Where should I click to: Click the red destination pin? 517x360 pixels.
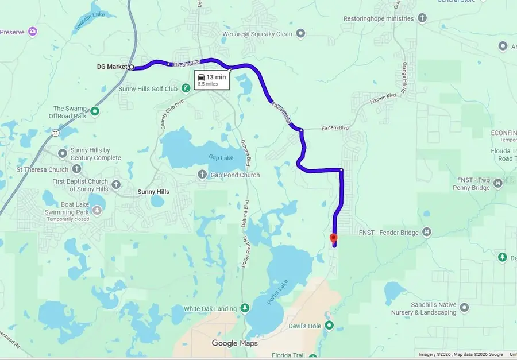[x=333, y=239]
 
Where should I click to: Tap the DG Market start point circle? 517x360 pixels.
[x=131, y=67]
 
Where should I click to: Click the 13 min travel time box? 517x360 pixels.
[x=211, y=80]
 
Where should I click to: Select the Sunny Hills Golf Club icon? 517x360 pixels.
[x=186, y=88]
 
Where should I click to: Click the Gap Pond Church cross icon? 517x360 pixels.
[x=202, y=175]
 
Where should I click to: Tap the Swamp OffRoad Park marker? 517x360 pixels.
[x=95, y=111]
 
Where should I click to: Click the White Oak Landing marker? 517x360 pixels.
[x=245, y=309]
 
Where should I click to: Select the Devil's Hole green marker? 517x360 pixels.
[x=330, y=326]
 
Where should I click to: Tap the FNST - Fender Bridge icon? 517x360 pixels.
[x=426, y=232]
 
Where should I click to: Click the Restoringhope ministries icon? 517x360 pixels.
[x=422, y=18]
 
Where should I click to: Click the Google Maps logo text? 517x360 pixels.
[x=234, y=343]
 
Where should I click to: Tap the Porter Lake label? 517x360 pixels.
[x=277, y=292]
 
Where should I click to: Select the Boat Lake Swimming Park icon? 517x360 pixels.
[x=97, y=211]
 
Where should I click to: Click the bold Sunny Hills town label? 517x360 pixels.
[x=153, y=192]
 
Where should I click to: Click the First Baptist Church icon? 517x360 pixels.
[x=116, y=185]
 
